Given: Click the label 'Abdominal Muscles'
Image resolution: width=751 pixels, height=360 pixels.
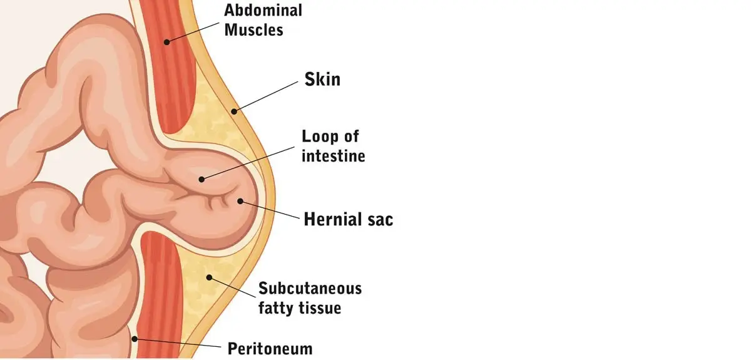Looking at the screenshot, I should (263, 19).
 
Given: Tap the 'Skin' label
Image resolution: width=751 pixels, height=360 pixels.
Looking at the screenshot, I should (322, 80).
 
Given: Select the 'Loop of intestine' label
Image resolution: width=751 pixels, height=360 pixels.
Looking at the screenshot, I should (333, 146).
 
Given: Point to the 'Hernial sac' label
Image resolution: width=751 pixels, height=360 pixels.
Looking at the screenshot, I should (349, 220).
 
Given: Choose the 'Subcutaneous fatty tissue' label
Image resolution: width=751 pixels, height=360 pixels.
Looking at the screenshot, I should (310, 298).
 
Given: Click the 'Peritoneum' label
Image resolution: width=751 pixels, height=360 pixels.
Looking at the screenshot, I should (270, 348).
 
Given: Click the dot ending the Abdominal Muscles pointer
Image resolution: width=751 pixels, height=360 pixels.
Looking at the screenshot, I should (167, 43).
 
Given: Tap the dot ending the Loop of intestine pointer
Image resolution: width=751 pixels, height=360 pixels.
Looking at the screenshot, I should (202, 179).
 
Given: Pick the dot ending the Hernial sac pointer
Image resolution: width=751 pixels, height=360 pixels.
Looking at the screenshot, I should (240, 200).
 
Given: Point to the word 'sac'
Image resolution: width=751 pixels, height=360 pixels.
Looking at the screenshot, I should (378, 220).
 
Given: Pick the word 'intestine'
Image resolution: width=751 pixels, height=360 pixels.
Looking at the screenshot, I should (333, 155).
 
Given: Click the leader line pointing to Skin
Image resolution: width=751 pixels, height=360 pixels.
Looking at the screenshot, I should (266, 96).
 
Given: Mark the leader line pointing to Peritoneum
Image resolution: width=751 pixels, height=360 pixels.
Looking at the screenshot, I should (178, 343).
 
